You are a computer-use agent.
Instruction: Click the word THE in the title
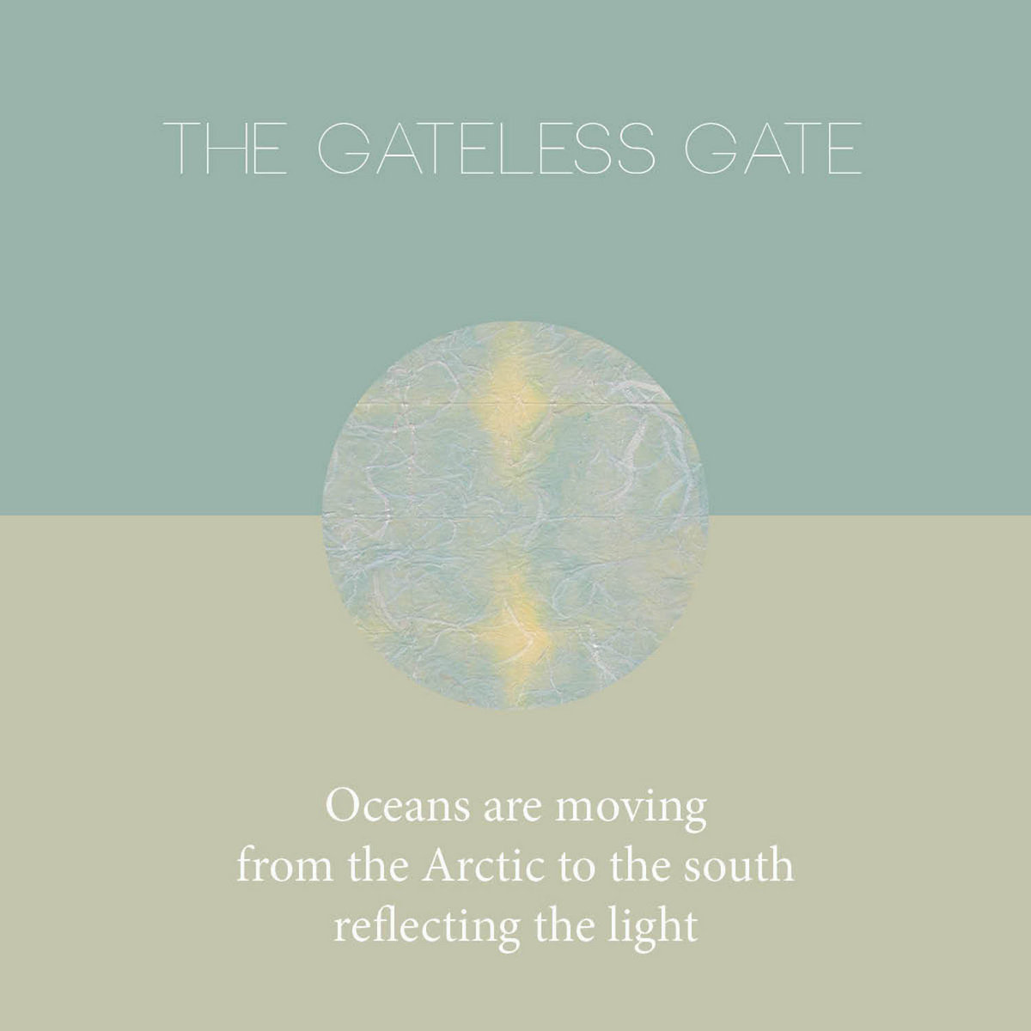(x=225, y=148)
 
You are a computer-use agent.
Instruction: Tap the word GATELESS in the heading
(x=486, y=148)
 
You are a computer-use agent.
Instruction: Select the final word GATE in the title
(x=773, y=148)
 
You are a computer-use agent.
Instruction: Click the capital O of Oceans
(x=344, y=807)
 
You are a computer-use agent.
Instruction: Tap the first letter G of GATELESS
(x=345, y=148)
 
